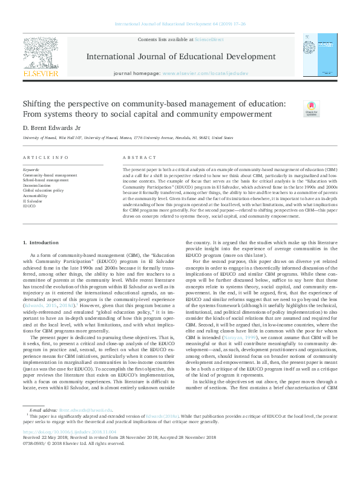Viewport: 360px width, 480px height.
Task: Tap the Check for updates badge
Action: (312, 108)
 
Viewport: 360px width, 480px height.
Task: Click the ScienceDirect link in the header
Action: (209, 39)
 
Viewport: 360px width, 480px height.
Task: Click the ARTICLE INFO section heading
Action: (45, 157)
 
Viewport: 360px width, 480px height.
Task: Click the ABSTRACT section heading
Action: (135, 157)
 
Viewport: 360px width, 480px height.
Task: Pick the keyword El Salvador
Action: (33, 201)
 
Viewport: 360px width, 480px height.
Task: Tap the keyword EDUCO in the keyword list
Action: (30, 206)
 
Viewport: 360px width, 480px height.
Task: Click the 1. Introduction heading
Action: (42, 242)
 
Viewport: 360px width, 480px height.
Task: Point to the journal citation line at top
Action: (180, 24)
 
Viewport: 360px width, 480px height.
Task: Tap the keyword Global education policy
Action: (43, 190)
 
